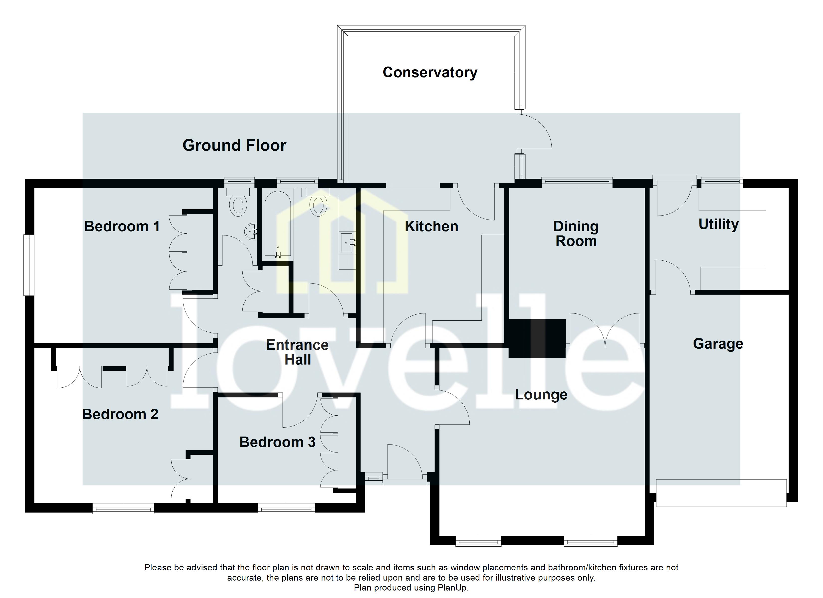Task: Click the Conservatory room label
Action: pyautogui.click(x=430, y=73)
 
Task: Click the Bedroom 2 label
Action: pyautogui.click(x=120, y=414)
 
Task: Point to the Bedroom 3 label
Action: pyautogui.click(x=277, y=442)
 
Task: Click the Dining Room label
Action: pyautogui.click(x=576, y=234)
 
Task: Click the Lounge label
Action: pyautogui.click(x=541, y=395)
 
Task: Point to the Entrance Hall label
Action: pyautogui.click(x=297, y=352)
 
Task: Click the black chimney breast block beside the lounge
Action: pyautogui.click(x=537, y=338)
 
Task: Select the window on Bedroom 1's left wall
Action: pyautogui.click(x=29, y=265)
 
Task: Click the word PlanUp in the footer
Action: pyautogui.click(x=452, y=588)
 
